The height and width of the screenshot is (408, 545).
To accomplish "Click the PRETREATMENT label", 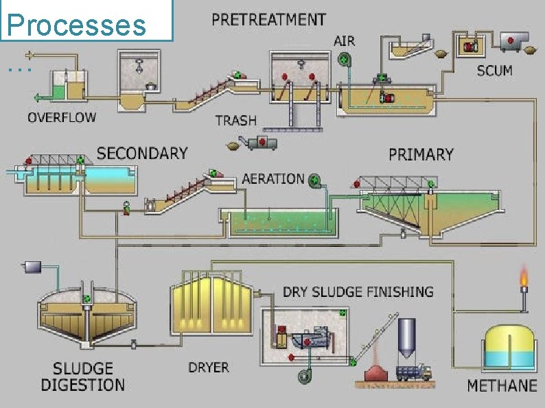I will pos(268,19).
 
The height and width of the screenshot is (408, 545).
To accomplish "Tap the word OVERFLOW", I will pos(62,117).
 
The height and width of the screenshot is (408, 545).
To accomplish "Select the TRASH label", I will pos(235,120).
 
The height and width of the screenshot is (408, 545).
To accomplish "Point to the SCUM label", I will pos(494,71).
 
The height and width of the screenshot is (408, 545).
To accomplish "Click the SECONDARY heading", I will pos(142,152).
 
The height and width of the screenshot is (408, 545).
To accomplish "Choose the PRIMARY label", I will pos(421,154).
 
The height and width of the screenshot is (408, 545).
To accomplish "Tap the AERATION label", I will pos(272,179).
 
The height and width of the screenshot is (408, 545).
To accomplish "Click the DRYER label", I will pos(209,368).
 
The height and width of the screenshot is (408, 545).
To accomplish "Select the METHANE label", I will pos(502,385).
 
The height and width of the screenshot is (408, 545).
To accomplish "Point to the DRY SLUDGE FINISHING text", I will pos(358,291).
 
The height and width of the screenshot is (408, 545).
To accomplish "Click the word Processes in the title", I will pos(76,25).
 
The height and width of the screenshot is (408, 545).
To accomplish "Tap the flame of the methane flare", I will pos(524,278).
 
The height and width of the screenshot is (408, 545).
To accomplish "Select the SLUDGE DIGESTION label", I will pos(82,376).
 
